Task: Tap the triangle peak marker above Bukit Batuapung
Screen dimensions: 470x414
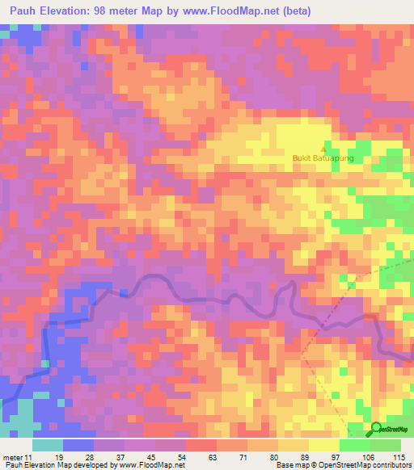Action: coord(325,149)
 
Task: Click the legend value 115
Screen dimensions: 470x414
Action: coord(397,456)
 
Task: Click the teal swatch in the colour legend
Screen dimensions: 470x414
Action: coord(48,445)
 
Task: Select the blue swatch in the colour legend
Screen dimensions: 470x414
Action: coord(78,445)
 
